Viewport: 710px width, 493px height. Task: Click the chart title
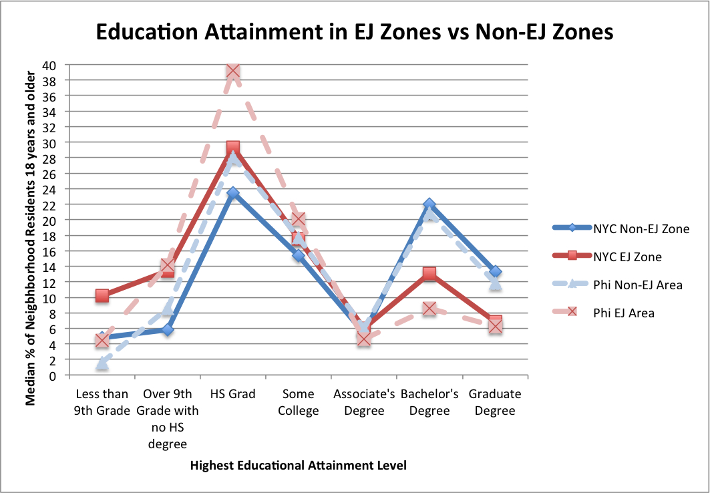pos(355,32)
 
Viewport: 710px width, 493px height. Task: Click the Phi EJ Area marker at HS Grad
pos(232,71)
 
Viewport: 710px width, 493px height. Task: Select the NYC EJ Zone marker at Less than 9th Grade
pos(102,295)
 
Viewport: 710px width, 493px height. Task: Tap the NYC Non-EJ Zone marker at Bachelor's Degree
pos(429,204)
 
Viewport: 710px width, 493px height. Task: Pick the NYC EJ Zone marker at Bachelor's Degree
pos(429,274)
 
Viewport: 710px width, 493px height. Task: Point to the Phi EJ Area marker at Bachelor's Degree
pos(429,309)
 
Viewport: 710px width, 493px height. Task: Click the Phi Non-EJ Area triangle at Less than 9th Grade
pos(102,363)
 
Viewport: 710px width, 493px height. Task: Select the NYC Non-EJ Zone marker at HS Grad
pos(232,193)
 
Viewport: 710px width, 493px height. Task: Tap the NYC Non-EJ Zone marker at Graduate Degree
pos(495,272)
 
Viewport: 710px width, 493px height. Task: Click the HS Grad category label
pos(232,394)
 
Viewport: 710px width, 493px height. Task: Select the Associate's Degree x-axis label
pos(364,402)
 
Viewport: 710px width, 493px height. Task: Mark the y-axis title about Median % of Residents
pos(31,220)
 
